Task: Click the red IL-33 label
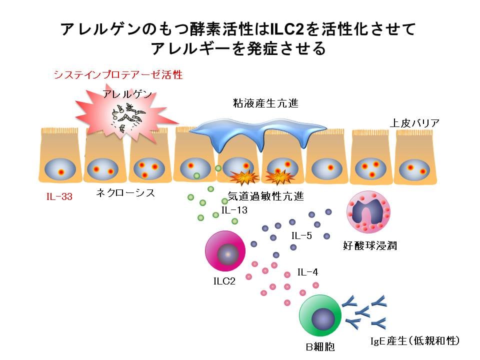click(59, 196)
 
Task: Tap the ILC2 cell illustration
click(225, 254)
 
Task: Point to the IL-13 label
click(234, 210)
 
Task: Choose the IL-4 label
click(307, 272)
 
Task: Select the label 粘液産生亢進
click(258, 104)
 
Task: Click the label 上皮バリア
click(415, 123)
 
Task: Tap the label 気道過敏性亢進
click(265, 196)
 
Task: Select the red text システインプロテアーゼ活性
click(118, 75)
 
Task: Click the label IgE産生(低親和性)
click(414, 341)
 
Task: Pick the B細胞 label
click(320, 346)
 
